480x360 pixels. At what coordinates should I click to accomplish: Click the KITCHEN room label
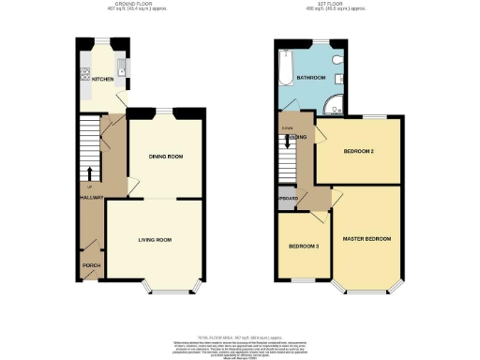pos(102,79)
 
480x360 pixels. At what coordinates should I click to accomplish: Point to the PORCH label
pos(91,265)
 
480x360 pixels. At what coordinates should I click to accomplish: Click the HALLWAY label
pos(91,198)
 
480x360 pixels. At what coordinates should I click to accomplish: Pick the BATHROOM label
pos(310,77)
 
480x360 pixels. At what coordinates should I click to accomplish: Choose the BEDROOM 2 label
pos(359,151)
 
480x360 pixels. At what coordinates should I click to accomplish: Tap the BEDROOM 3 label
pos(303,247)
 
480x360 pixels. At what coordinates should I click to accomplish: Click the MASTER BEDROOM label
pos(367,240)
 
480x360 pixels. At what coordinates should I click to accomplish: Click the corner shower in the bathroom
pos(332,104)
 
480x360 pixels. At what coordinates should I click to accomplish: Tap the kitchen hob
pos(85,73)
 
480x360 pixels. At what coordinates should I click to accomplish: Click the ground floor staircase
pos(89,141)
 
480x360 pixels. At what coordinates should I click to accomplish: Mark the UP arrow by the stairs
pos(89,174)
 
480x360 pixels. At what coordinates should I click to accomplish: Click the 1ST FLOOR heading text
pos(338,5)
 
